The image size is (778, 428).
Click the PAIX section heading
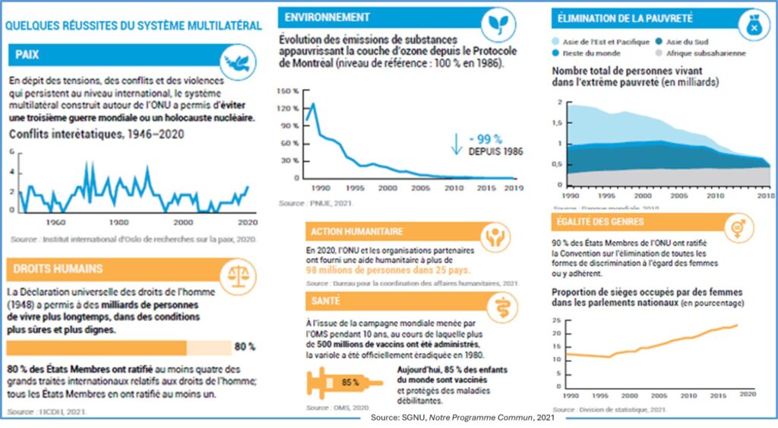[x=27, y=55]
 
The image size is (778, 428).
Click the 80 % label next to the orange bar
[x=244, y=347]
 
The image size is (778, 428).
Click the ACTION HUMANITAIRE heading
[x=355, y=231]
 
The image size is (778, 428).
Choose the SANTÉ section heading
[x=325, y=301]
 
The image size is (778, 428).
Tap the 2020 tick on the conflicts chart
[x=245, y=223]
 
